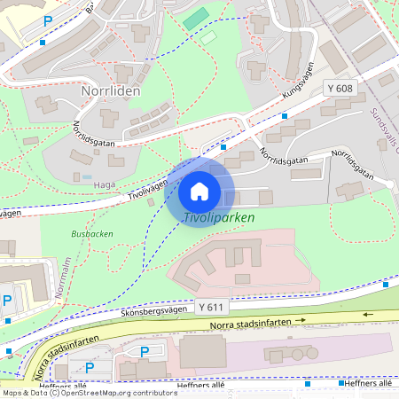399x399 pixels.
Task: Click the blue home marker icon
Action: coord(199,191)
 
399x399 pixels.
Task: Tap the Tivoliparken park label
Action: coord(219,217)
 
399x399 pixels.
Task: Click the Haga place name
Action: coord(105,184)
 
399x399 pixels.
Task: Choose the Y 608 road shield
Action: coord(340,89)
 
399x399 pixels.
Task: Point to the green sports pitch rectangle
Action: coord(196,18)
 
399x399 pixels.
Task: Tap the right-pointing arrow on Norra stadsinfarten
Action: coord(301,319)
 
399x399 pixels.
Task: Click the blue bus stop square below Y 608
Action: coord(284,116)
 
